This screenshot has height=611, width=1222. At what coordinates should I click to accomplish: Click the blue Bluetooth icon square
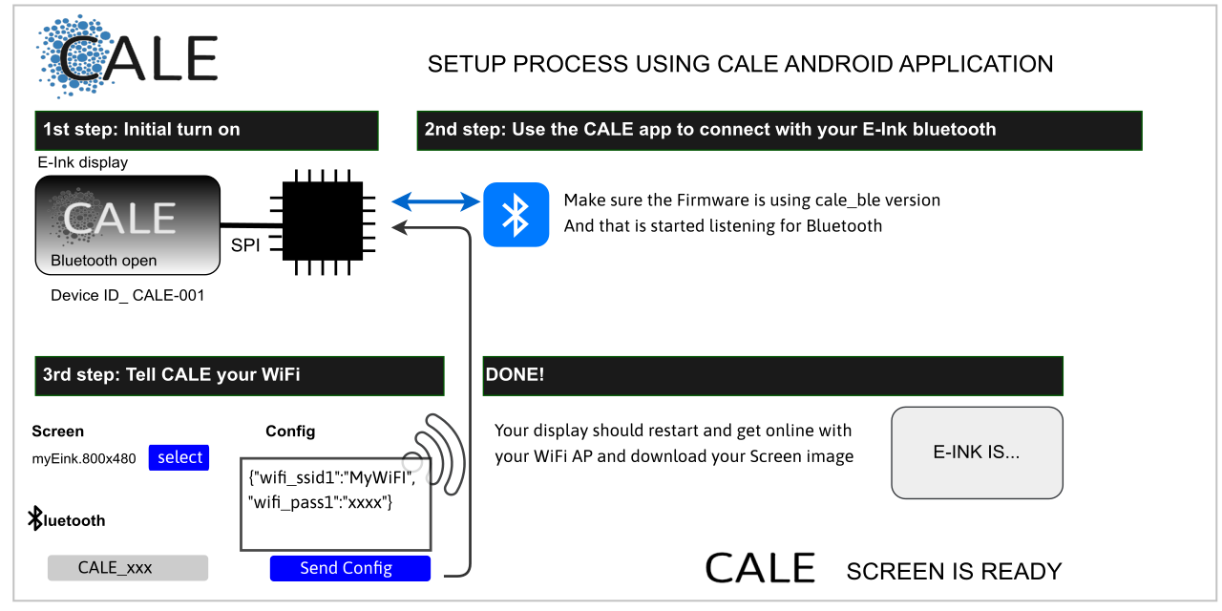(516, 215)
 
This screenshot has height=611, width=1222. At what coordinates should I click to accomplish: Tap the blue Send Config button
(349, 568)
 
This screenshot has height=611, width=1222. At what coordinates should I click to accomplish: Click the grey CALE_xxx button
(128, 567)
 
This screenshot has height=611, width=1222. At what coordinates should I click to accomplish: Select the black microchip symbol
(323, 222)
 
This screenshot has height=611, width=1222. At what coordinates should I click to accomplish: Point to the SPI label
(245, 245)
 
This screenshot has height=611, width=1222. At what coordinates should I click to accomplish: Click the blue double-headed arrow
(436, 201)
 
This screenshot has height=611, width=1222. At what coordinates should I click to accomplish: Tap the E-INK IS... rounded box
(977, 453)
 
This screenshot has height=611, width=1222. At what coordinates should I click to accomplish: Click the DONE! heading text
(515, 375)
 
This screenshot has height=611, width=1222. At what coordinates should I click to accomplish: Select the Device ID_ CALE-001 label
(128, 296)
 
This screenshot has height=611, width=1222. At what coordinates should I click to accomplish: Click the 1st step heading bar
(207, 131)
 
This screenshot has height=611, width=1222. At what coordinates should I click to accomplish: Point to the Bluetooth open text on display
(104, 261)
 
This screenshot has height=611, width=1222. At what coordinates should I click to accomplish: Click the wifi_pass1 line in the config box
(320, 502)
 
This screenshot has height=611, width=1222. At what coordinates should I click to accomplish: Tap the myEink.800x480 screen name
(84, 458)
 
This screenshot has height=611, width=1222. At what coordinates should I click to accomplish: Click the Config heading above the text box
(290, 431)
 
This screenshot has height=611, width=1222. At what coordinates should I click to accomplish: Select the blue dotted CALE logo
(127, 56)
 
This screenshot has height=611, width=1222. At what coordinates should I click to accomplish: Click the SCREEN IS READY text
(954, 571)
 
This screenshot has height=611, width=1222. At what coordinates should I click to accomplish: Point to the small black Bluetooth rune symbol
(35, 517)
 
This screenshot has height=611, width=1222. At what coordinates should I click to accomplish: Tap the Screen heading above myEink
(58, 431)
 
